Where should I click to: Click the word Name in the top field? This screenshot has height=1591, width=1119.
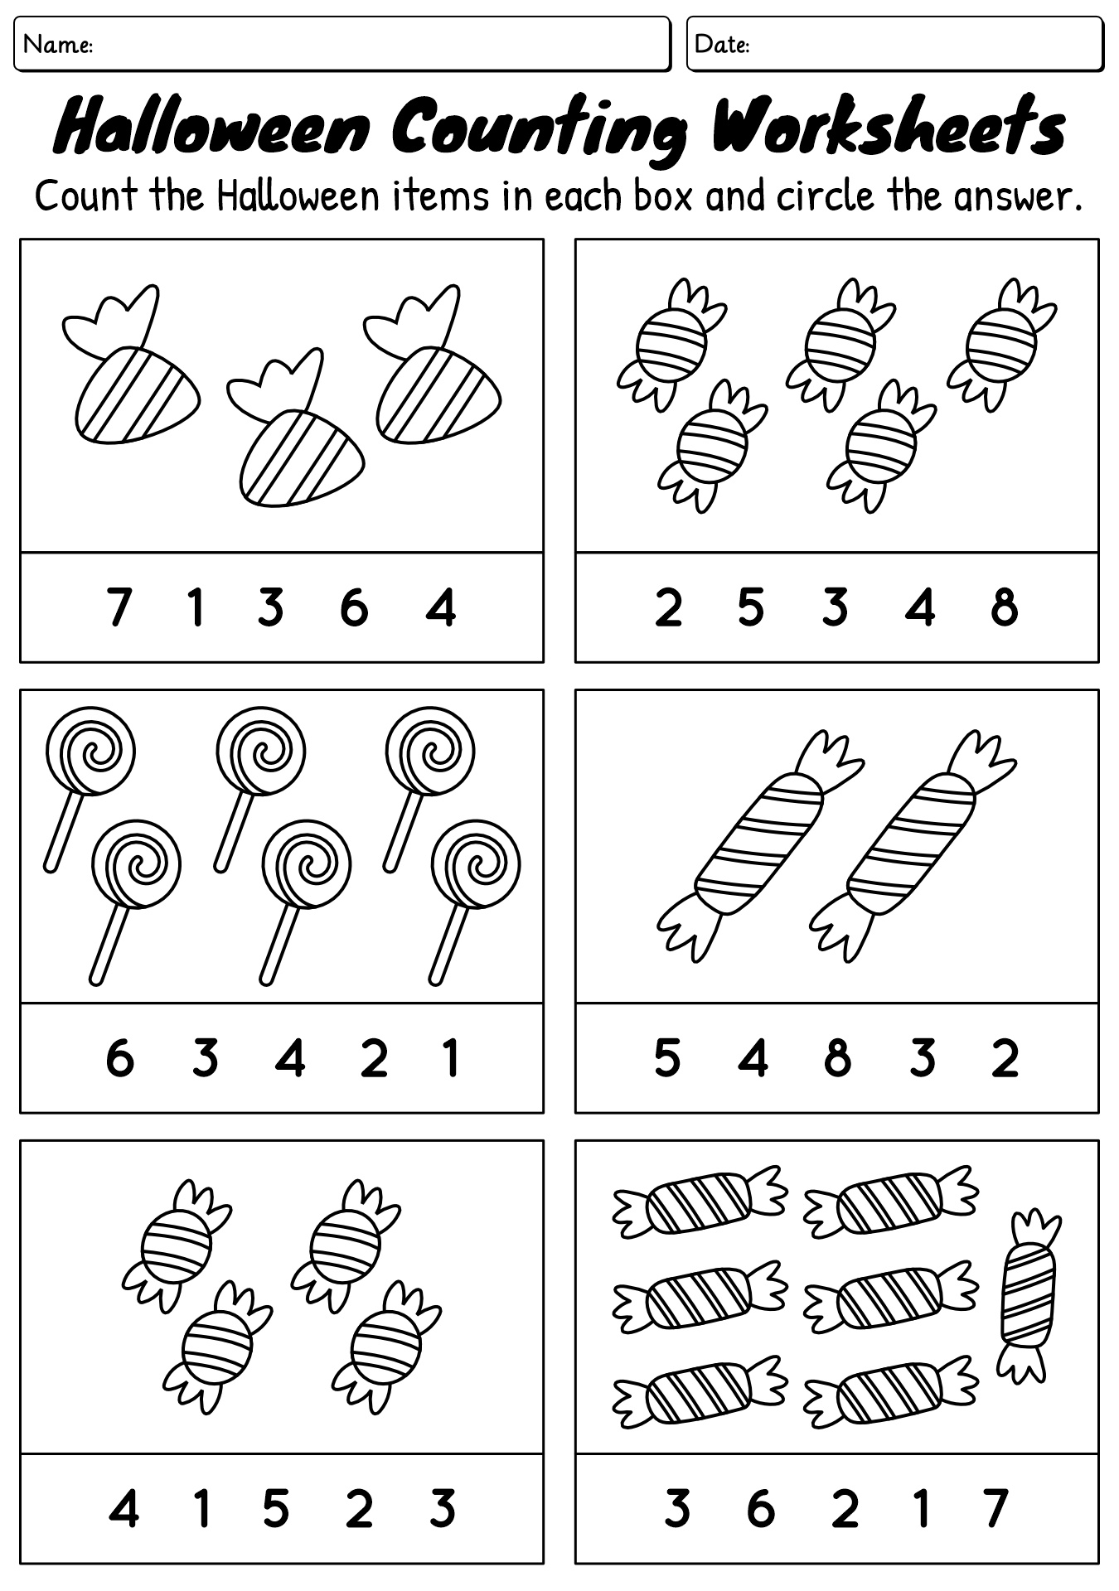(57, 45)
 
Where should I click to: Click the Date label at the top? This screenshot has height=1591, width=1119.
(721, 45)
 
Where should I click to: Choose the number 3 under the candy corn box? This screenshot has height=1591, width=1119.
(270, 607)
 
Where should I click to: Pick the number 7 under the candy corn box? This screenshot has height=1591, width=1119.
(119, 607)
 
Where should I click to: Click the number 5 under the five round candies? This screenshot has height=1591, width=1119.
(750, 607)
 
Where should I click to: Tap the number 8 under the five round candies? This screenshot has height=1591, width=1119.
(1004, 607)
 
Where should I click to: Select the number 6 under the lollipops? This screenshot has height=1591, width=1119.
(119, 1058)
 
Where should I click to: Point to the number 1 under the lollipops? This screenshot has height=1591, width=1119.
(450, 1058)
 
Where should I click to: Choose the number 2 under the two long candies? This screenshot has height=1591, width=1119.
(1005, 1058)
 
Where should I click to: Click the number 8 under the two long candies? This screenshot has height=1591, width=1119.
(837, 1058)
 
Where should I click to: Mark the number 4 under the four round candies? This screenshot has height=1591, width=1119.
(124, 1509)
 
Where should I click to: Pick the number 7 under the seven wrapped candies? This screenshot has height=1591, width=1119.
(995, 1509)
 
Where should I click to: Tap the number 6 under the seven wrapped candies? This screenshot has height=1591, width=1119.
(760, 1509)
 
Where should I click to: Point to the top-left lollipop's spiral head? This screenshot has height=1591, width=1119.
(90, 751)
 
